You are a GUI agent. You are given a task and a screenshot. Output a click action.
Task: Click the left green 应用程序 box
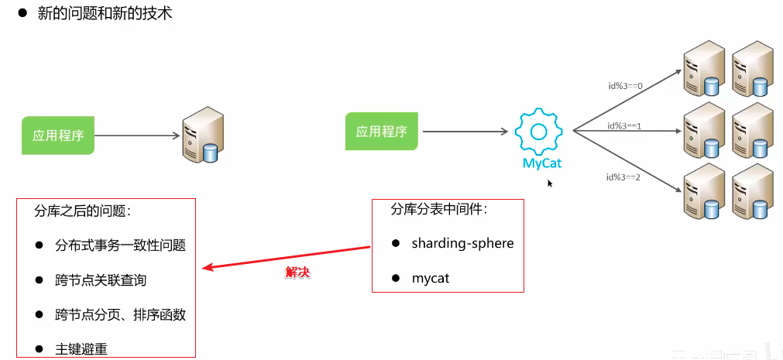point(57,135)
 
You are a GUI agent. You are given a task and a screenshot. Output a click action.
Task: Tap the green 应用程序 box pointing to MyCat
point(381,132)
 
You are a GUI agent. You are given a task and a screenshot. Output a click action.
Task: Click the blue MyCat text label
point(541,163)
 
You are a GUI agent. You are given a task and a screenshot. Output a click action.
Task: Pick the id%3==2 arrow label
point(624,177)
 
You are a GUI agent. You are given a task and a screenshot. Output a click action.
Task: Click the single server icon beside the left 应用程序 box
point(202,137)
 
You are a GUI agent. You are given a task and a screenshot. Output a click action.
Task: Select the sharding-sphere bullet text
point(462,243)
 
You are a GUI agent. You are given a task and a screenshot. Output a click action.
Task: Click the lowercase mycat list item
point(430,278)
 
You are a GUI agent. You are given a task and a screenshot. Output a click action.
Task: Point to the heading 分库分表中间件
point(439,209)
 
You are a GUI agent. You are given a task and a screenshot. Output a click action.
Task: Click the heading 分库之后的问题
point(82,211)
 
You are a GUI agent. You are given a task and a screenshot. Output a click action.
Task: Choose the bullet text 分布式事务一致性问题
point(120,245)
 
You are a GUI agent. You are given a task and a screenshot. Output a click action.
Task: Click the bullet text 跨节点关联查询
point(101,279)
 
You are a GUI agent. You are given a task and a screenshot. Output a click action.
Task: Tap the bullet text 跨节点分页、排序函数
point(120,314)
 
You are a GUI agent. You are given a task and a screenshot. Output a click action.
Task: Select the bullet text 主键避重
point(81,349)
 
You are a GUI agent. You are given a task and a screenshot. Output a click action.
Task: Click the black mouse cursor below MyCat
point(550,183)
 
